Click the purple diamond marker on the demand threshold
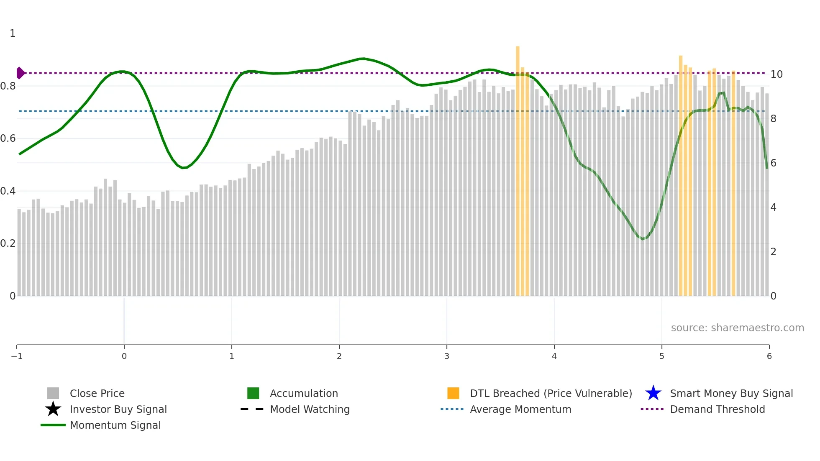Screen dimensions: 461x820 coord(20,73)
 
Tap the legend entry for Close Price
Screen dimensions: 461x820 coord(97,394)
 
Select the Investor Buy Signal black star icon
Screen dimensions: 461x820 coord(53,409)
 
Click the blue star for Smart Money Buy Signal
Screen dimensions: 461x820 coord(653,393)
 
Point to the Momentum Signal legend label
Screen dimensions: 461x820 coord(115,425)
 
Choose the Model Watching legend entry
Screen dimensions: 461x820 coord(310,410)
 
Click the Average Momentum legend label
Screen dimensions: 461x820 coord(520,410)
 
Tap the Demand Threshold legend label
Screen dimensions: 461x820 coord(717,410)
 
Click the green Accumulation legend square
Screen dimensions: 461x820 coord(253,393)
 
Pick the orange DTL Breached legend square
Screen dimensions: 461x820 coord(453,393)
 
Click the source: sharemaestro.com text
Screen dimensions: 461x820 coord(737,328)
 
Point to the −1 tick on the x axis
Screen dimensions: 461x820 coord(17,356)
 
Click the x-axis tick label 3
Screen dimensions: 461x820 coord(447,356)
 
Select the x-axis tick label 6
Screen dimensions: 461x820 coord(769,356)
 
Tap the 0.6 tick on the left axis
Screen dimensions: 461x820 coord(8,138)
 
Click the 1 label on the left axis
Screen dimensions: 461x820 coord(13,33)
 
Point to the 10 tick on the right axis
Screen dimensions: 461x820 coord(776,74)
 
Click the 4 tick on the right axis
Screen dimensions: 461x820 coord(773,207)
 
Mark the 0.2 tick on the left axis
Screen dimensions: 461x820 coord(8,243)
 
